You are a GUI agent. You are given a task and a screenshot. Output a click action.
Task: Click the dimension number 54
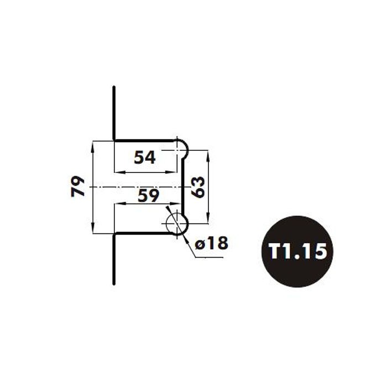(x=145, y=157)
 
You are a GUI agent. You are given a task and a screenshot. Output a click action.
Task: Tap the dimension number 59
(x=148, y=196)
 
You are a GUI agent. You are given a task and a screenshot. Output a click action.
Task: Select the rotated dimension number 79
(x=78, y=186)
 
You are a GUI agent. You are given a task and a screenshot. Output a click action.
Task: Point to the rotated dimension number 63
(x=198, y=187)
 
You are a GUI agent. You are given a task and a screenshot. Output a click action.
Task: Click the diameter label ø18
(x=212, y=243)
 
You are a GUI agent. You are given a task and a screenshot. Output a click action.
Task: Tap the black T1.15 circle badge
(x=297, y=251)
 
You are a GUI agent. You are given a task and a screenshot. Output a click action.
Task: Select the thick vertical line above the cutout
(x=114, y=113)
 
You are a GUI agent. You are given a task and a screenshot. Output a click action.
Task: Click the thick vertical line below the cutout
(x=114, y=259)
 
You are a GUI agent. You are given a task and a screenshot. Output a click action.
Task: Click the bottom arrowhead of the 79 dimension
(x=93, y=228)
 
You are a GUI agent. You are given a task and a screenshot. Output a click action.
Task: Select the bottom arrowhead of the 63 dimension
(x=208, y=218)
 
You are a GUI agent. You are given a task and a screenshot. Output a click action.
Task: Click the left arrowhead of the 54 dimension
(x=120, y=172)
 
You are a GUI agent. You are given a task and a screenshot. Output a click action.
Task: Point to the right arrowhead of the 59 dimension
(x=176, y=203)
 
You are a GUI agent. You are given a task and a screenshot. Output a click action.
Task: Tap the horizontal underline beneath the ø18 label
(x=210, y=258)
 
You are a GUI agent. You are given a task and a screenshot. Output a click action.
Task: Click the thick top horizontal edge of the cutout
(x=145, y=140)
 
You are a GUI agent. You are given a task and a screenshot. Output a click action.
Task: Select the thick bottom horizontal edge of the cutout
(x=144, y=233)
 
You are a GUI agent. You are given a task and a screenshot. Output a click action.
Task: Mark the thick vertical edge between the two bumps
(x=183, y=187)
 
